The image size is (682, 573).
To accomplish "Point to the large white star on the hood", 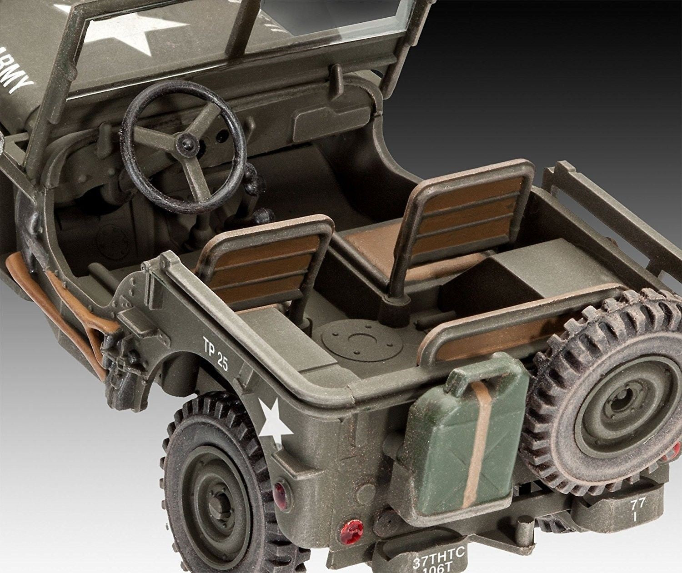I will [x=123, y=32].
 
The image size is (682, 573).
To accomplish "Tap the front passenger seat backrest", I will [x=468, y=214].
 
